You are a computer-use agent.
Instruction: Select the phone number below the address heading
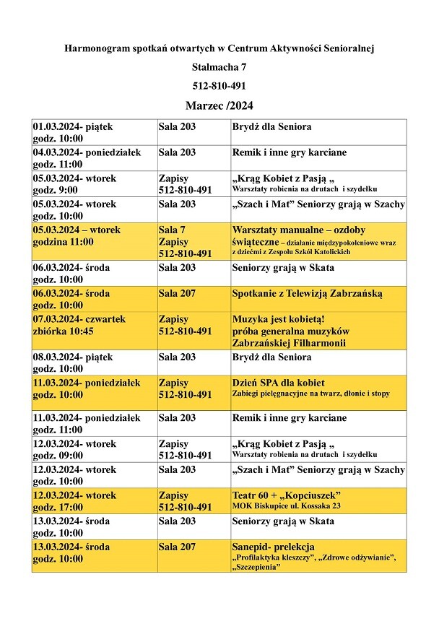click(x=219, y=86)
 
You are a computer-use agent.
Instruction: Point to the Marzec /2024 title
click(x=219, y=105)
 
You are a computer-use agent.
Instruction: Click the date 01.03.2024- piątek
click(x=73, y=127)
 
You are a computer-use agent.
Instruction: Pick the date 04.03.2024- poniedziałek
click(x=87, y=152)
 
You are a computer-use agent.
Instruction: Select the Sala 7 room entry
click(x=172, y=230)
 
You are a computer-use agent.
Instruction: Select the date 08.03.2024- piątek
click(x=73, y=357)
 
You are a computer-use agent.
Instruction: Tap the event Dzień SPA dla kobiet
click(x=278, y=383)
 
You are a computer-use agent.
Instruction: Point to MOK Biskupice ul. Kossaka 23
click(x=286, y=506)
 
